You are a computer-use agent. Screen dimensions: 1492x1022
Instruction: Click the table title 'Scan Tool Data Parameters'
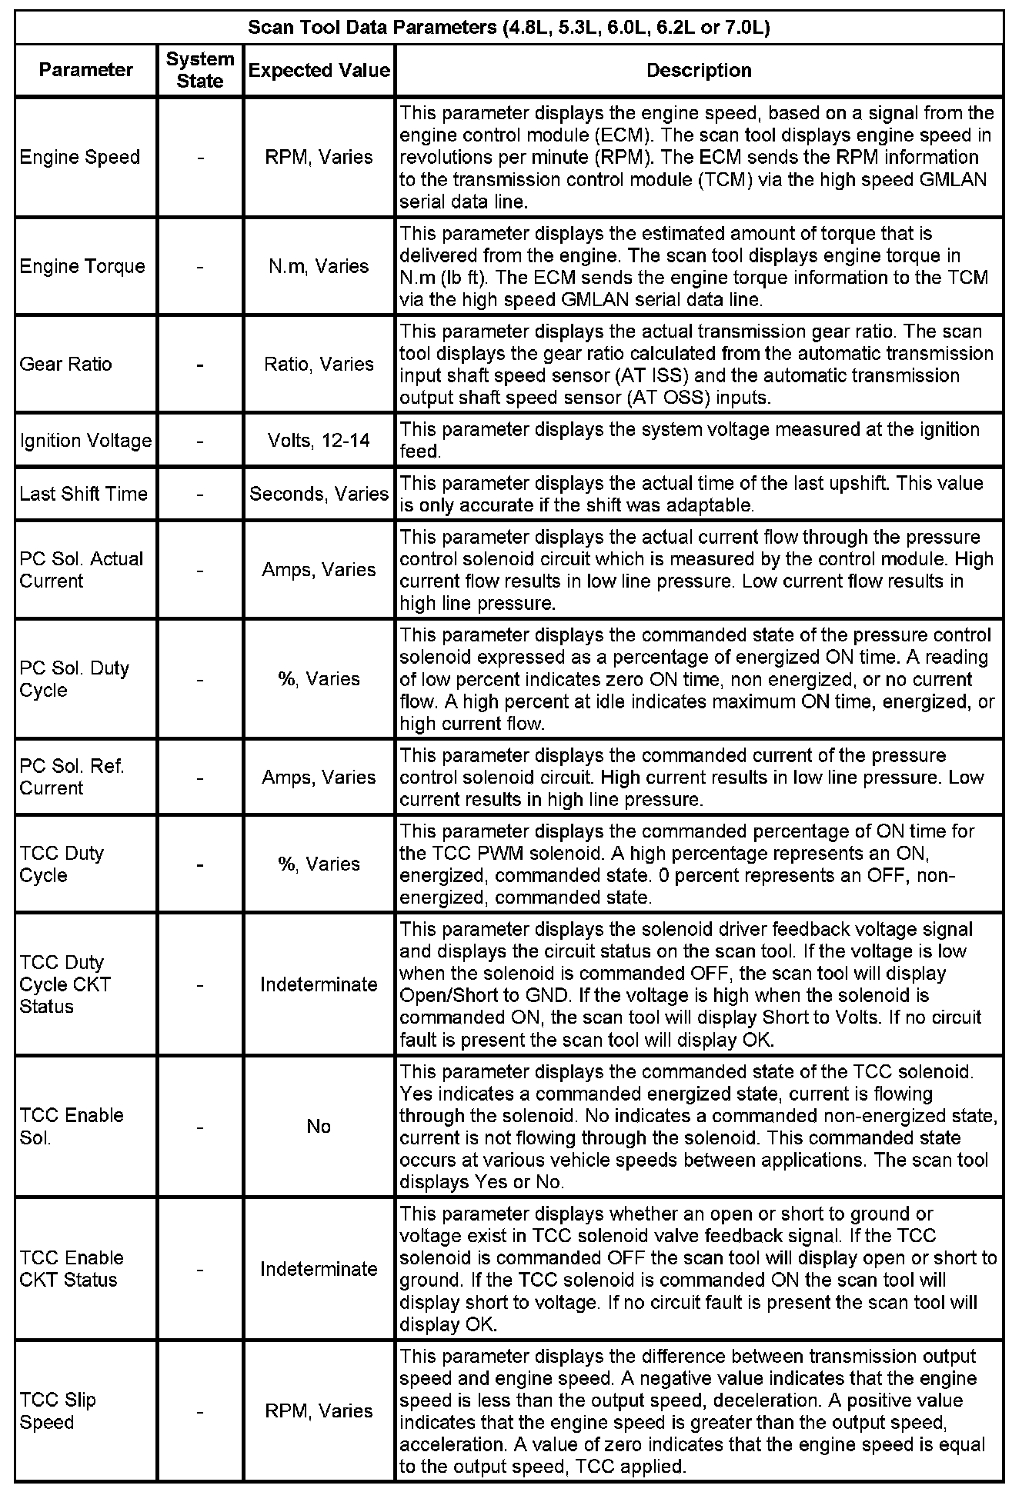tap(509, 28)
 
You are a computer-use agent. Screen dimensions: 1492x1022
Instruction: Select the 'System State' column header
tap(200, 70)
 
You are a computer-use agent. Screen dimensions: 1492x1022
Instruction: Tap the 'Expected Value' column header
tap(319, 70)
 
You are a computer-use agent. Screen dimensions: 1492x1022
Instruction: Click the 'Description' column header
tap(699, 70)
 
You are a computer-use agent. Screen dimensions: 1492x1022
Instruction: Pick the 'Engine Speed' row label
tap(80, 157)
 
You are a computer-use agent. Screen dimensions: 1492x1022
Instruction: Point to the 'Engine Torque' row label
tap(82, 266)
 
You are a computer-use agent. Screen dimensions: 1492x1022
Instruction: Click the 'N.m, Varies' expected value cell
tap(319, 266)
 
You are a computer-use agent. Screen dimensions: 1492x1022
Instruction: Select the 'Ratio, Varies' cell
tap(319, 364)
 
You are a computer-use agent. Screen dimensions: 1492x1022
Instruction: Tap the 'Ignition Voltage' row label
tap(85, 441)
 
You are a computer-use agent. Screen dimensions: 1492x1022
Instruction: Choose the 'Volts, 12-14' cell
tap(319, 441)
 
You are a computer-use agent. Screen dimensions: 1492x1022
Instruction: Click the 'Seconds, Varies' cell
tap(319, 494)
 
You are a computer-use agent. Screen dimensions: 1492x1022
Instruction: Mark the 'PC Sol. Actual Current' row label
tap(82, 570)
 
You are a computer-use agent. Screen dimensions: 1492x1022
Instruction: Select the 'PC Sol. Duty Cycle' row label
tap(75, 679)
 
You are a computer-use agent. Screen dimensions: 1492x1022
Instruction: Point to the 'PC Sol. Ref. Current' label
tap(72, 778)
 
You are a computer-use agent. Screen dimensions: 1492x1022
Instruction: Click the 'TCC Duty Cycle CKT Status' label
tap(65, 984)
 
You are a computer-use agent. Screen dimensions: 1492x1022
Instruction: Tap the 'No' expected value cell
tap(319, 1127)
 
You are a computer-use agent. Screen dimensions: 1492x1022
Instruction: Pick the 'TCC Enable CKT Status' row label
tap(72, 1269)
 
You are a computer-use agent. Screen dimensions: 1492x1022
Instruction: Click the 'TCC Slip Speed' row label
tap(58, 1411)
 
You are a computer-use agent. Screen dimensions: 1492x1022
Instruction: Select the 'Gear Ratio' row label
tap(66, 364)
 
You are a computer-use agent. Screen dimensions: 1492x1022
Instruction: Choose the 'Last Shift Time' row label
tap(84, 494)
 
